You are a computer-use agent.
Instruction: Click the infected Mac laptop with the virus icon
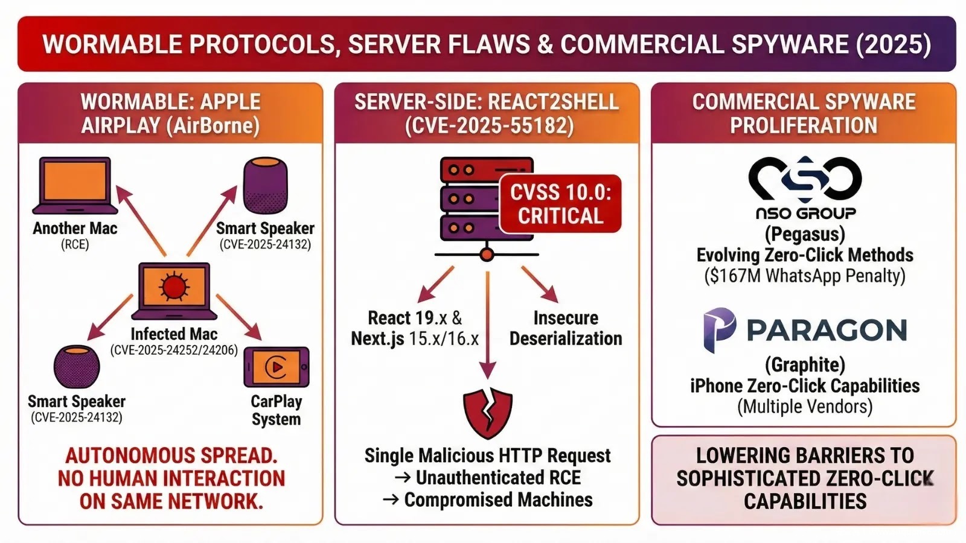(x=174, y=290)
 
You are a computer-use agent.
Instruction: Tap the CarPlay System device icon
(x=277, y=367)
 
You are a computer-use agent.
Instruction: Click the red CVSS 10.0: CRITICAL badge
(x=560, y=204)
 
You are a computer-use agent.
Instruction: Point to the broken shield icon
(x=487, y=412)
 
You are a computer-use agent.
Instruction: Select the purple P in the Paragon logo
(x=719, y=329)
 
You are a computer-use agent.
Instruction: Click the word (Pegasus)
(x=805, y=234)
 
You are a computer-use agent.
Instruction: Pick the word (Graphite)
(x=805, y=364)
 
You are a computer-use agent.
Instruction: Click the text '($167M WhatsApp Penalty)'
(x=805, y=276)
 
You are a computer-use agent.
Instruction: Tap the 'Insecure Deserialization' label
(x=566, y=328)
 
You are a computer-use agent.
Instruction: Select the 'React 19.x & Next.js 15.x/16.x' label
(x=415, y=328)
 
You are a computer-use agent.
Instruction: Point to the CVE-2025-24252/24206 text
(x=174, y=350)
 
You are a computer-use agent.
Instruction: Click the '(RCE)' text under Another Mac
(x=75, y=244)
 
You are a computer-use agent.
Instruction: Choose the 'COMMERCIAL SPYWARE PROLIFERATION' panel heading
(x=804, y=113)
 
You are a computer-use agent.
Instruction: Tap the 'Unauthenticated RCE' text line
(x=497, y=478)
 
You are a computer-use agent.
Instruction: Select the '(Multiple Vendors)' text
(x=805, y=407)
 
